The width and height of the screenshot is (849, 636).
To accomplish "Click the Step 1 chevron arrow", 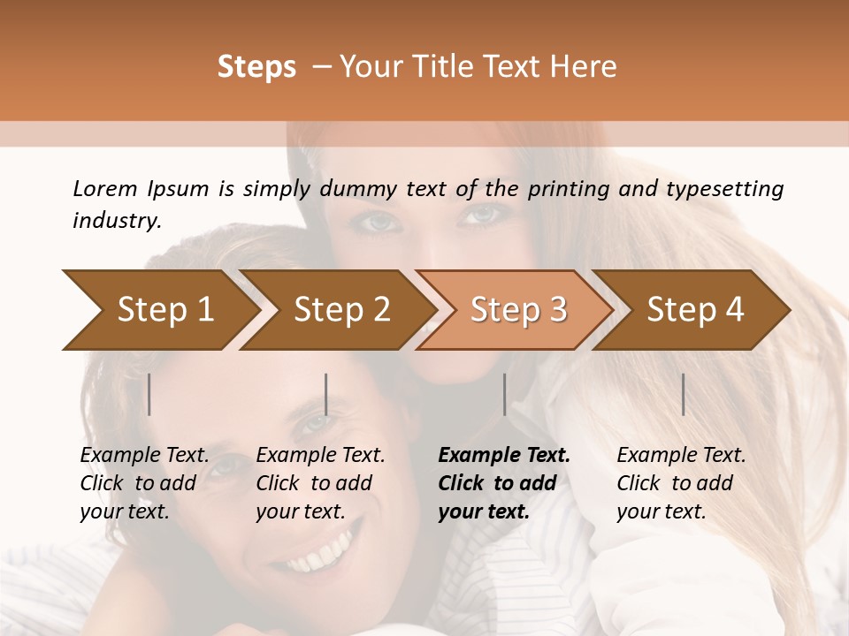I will [x=164, y=310].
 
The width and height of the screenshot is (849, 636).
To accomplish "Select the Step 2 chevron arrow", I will [x=341, y=310].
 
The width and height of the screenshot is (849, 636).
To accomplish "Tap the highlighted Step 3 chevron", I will [x=518, y=310].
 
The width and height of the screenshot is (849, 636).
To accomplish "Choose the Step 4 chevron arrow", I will [x=695, y=310].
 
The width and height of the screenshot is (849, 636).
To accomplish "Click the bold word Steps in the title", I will [x=256, y=67].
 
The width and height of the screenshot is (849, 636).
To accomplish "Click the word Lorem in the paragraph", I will [x=105, y=188].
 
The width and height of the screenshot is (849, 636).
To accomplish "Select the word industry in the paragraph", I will [x=116, y=220].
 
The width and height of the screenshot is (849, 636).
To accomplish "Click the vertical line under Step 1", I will [x=149, y=394].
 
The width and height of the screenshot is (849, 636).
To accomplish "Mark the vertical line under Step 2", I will [x=326, y=394].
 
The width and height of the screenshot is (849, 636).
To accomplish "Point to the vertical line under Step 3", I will [x=504, y=394].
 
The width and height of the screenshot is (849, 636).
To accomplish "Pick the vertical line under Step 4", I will [x=683, y=394].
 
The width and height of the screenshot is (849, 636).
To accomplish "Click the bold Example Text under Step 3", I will [x=504, y=456].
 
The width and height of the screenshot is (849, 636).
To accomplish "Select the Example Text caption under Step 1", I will [x=144, y=456].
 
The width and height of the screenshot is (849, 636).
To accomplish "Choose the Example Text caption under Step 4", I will [x=681, y=456].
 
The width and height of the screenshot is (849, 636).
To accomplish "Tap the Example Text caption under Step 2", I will [x=320, y=456].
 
